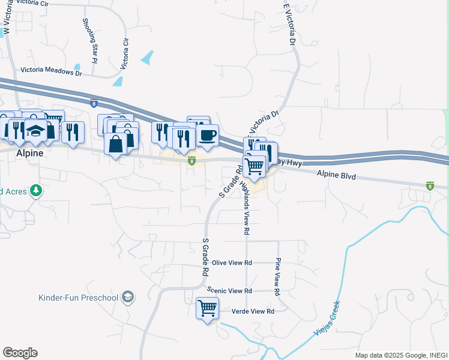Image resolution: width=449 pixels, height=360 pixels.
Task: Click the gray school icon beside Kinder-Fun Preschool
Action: click(x=127, y=297)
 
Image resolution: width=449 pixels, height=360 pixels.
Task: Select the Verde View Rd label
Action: click(x=252, y=311)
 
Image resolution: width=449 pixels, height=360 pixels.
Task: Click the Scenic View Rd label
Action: click(x=229, y=290)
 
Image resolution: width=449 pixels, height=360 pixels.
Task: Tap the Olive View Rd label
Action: click(x=232, y=263)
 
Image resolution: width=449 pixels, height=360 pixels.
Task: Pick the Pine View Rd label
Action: click(x=278, y=276)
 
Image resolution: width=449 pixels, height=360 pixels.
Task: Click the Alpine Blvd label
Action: click(x=337, y=176)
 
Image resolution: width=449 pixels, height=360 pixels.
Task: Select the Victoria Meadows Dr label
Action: click(x=50, y=70)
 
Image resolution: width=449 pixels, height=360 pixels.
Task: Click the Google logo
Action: click(x=20, y=353)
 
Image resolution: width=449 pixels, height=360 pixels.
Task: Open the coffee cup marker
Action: click(x=207, y=136)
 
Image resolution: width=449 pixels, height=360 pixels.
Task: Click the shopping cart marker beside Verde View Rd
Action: click(x=208, y=308)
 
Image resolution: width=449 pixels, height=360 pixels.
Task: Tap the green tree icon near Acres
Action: click(x=37, y=190)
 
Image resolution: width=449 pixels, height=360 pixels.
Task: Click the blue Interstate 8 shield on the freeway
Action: click(x=94, y=103)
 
